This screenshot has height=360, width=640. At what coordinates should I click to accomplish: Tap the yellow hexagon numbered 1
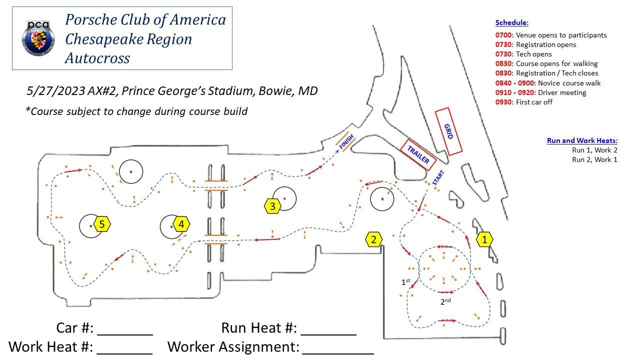coord(484,240)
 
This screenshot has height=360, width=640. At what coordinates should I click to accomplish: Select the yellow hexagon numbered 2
coord(373,240)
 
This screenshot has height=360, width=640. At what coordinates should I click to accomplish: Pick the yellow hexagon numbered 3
coord(272,206)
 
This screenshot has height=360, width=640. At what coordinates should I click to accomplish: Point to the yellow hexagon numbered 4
coord(181,224)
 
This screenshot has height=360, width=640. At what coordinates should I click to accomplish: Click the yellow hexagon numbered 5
coord(101,224)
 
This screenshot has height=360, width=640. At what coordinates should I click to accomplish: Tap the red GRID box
coord(448,131)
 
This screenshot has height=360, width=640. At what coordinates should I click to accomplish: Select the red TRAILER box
coord(418,155)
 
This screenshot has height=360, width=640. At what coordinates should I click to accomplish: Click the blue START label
coord(438,178)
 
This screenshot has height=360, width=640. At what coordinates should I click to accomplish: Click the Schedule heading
coord(511,23)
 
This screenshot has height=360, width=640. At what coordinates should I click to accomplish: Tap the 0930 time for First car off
coord(504,102)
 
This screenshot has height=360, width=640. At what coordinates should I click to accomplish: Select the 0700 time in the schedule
coord(504,35)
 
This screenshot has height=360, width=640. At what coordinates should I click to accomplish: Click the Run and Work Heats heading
coord(582,141)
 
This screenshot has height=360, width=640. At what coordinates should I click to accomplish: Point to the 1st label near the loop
coord(406,282)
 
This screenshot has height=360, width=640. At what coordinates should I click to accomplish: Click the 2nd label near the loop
coord(445,301)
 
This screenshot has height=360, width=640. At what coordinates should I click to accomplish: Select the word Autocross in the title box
coord(97,58)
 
